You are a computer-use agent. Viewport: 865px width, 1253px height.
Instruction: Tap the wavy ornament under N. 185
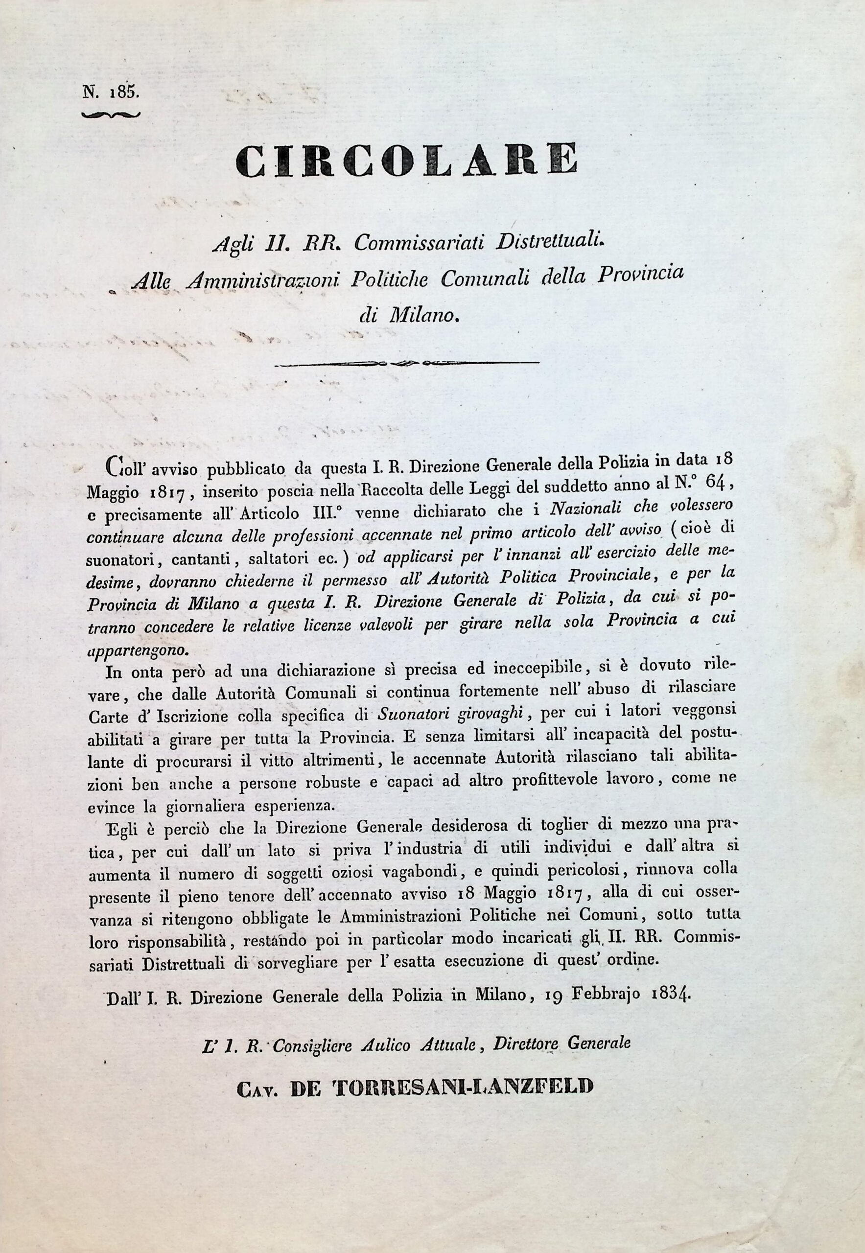[111, 114]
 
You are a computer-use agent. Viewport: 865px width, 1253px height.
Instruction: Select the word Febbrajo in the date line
[598, 996]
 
